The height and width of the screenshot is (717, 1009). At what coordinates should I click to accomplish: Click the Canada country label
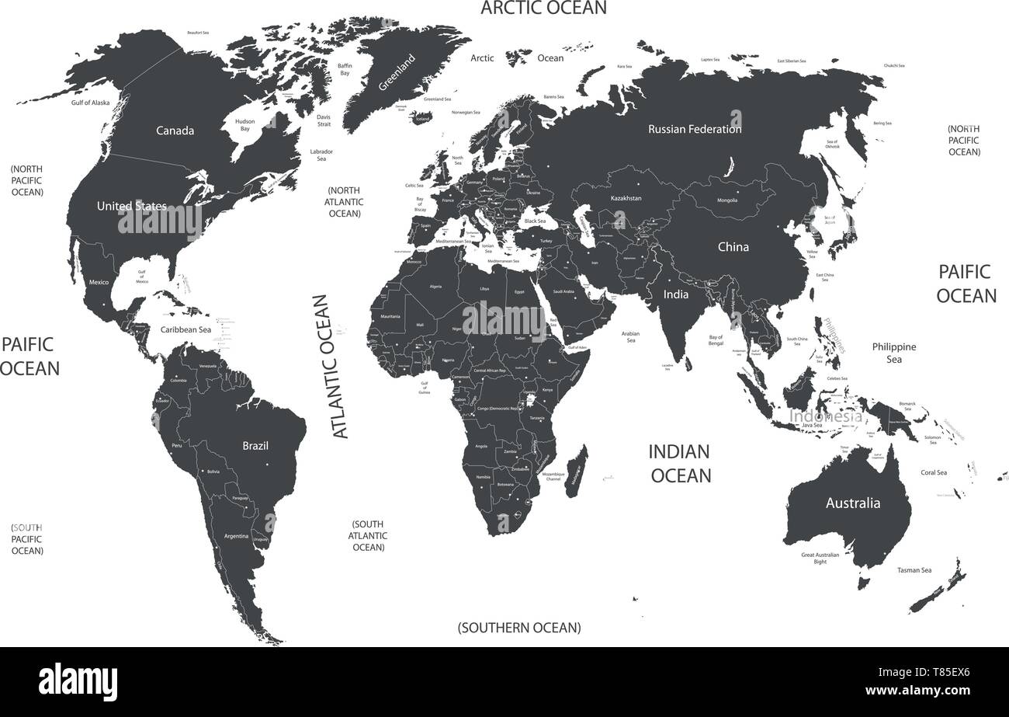[x=175, y=131]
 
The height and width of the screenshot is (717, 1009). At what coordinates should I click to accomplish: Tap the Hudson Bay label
[x=245, y=126]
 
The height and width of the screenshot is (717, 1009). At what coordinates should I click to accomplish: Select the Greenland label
[x=397, y=73]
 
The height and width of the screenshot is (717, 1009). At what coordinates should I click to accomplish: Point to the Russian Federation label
[x=695, y=129]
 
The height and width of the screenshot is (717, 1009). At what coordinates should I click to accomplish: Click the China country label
[x=733, y=247]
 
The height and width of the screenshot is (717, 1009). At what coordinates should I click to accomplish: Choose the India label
[x=675, y=294]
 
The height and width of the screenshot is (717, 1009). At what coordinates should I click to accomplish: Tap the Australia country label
[x=852, y=503]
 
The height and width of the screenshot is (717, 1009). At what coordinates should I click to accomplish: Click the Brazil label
[x=255, y=446]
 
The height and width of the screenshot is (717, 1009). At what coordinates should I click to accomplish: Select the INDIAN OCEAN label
[x=680, y=463]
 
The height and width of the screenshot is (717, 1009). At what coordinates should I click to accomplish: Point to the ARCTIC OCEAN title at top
[x=543, y=9]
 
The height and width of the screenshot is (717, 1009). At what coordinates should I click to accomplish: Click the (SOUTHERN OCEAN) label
[x=518, y=627]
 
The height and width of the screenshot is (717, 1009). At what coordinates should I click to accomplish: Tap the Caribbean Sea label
[x=186, y=329]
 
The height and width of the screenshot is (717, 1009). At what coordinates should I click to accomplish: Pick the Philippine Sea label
[x=894, y=353]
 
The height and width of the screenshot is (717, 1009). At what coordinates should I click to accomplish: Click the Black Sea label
[x=535, y=221]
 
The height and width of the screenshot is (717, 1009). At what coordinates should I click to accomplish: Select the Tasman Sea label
[x=914, y=570]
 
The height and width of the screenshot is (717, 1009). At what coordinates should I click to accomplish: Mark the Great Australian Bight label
[x=825, y=558]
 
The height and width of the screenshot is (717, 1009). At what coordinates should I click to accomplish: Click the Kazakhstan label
[x=626, y=198]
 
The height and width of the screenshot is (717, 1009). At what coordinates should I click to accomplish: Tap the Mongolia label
[x=727, y=200]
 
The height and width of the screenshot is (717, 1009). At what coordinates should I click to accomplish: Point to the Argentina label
[x=236, y=536]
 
